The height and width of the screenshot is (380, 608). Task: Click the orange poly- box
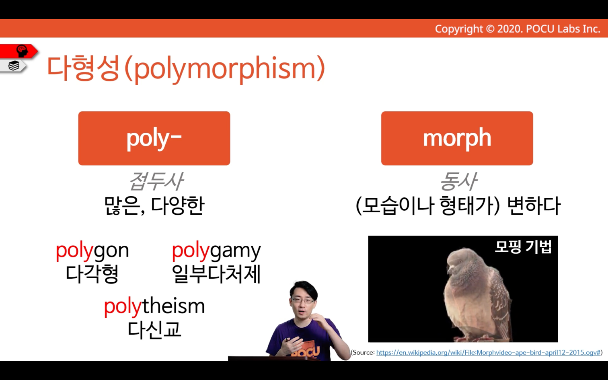coord(154,138)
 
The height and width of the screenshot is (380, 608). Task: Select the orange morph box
coord(457,138)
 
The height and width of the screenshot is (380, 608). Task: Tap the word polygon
coord(92,251)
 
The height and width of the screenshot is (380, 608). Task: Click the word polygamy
coord(216,251)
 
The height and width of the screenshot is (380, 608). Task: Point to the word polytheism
coord(154,307)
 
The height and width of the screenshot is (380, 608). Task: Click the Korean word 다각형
coord(92,274)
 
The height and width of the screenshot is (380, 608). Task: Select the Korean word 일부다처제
coord(216,274)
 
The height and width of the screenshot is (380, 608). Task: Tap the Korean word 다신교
coord(154,330)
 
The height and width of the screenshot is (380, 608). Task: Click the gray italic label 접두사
coord(156,181)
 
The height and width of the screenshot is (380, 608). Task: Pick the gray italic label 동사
coord(458,181)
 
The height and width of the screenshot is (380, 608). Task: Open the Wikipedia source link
coord(488,353)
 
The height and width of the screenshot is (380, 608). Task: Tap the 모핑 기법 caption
coord(523,247)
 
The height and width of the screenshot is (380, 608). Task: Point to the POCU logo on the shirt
coord(305,351)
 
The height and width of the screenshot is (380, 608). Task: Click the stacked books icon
coord(14,66)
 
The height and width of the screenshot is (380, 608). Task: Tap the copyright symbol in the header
coord(490,29)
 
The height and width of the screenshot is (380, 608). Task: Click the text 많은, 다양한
coord(154,205)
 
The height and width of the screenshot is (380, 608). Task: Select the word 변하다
coord(534,205)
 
